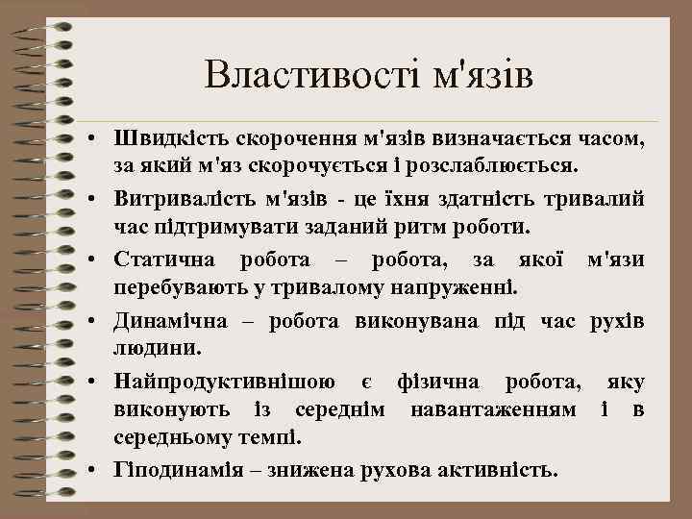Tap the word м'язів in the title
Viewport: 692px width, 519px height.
pyautogui.click(x=478, y=75)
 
